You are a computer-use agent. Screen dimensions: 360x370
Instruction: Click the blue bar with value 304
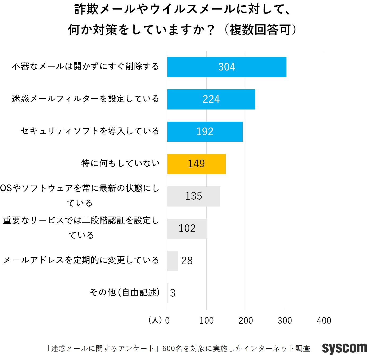tap(227, 67)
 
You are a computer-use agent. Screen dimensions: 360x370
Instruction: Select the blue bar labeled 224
tap(211, 99)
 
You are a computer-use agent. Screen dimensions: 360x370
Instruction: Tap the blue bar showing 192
tap(205, 132)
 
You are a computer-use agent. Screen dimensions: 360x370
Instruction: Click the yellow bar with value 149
tap(196, 164)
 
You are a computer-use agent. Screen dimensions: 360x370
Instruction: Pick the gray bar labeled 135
tap(194, 196)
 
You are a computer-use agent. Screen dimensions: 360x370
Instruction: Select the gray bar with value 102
tap(187, 229)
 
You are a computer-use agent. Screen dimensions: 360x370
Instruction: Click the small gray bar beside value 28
tap(173, 261)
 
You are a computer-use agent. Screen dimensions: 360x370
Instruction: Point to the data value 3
tap(173, 293)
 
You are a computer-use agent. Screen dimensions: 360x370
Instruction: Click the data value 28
tap(187, 261)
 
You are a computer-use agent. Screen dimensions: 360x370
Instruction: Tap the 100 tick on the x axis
tap(206, 321)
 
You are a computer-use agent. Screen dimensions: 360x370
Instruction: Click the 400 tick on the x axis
tap(324, 321)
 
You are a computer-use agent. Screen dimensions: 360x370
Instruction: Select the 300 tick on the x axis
tap(285, 321)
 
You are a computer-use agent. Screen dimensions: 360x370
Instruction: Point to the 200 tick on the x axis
tap(246, 321)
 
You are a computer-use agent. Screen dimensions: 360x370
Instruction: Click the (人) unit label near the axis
tap(155, 320)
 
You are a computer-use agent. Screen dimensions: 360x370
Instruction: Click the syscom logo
tap(344, 348)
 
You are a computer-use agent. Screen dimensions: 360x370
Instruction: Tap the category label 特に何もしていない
tap(120, 163)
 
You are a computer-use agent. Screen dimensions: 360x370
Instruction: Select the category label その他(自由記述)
tap(125, 292)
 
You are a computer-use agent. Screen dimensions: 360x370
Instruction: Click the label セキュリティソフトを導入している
tap(90, 131)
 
